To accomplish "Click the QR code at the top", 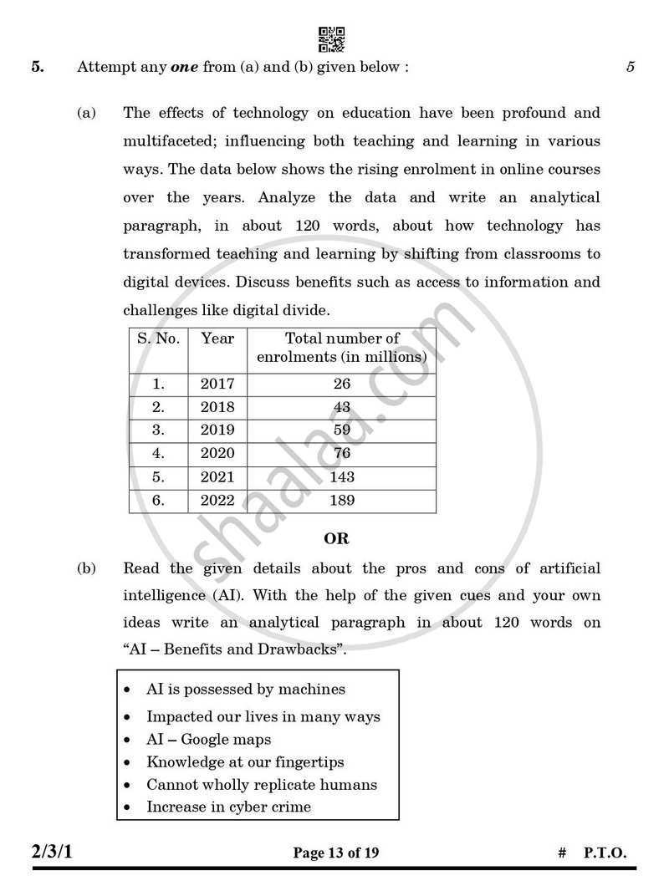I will (331, 39).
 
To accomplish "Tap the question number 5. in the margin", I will (38, 68).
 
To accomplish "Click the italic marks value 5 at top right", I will (631, 68).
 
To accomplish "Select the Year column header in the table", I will (217, 339).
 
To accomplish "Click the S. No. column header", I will (158, 339).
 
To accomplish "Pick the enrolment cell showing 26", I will (341, 384).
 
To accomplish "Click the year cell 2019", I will (217, 430).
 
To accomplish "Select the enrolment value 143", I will (341, 476).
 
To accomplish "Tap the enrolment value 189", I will (341, 500).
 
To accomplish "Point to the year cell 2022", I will (217, 500).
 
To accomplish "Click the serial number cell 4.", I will (158, 454).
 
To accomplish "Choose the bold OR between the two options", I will (336, 539).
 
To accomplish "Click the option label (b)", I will (87, 568).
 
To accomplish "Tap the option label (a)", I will (87, 113).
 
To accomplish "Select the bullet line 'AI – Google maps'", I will (208, 739).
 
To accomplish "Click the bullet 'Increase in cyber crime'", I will (228, 807).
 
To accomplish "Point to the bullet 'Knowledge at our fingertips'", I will (245, 761).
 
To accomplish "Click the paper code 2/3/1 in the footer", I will (58, 853).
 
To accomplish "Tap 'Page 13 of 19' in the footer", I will (336, 853).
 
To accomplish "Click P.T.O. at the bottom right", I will (604, 853).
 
